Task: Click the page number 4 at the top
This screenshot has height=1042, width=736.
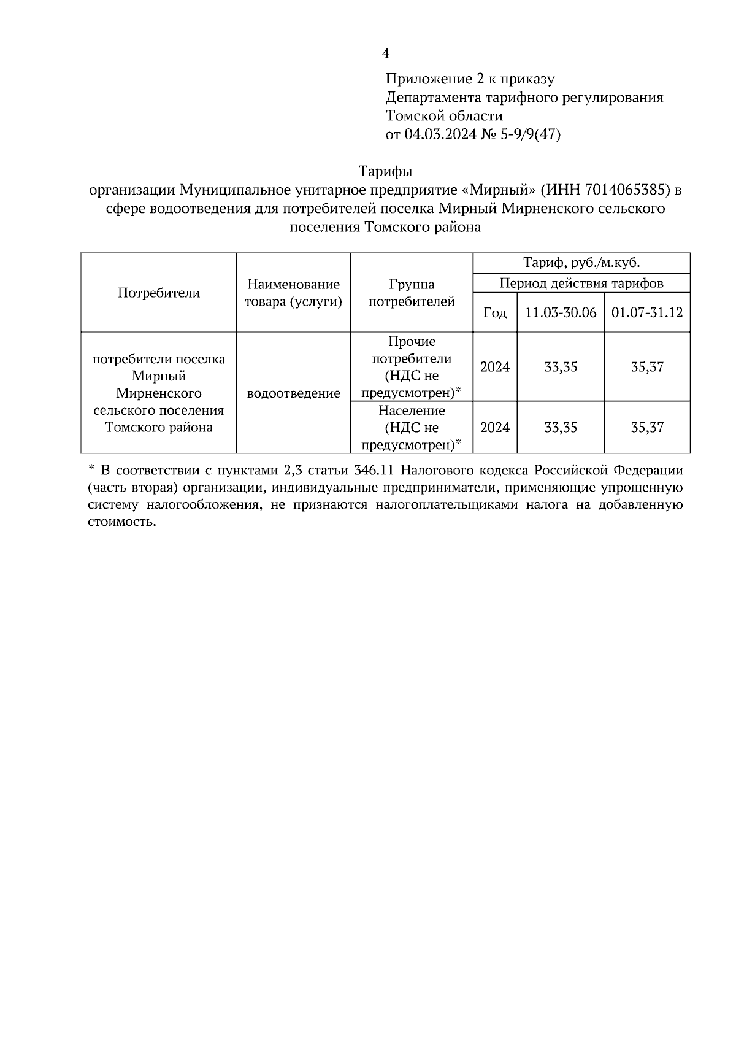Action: (385, 54)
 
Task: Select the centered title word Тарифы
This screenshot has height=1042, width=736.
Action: (385, 171)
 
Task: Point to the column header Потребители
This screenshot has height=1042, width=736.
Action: (159, 293)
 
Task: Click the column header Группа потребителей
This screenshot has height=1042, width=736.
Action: (412, 293)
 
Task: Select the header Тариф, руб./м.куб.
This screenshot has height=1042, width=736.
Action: (581, 263)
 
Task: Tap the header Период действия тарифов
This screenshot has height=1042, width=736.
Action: (581, 283)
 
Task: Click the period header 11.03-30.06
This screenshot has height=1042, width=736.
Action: (561, 312)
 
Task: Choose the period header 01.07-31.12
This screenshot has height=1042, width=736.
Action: (647, 312)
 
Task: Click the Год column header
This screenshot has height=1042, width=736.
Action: (495, 313)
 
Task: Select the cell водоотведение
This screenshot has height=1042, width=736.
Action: (293, 393)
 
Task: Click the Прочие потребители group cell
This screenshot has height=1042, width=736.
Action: (412, 367)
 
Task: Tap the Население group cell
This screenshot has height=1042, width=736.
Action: (412, 427)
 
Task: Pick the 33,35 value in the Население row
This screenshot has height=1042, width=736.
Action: (561, 428)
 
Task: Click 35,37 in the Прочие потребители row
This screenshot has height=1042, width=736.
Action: (647, 367)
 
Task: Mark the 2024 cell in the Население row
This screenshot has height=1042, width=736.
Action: (495, 428)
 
